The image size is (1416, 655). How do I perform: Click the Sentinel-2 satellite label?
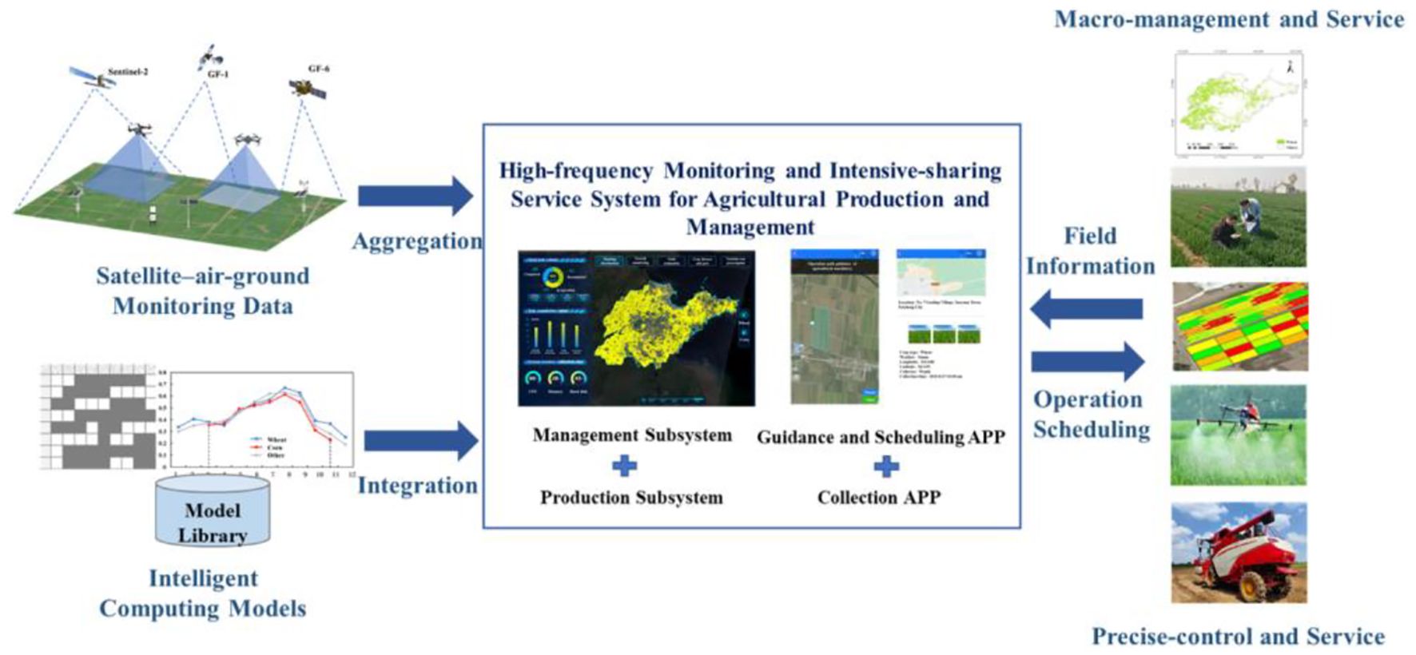[127, 72]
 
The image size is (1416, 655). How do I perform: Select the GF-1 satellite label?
[217, 74]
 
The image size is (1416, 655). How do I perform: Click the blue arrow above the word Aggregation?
[415, 196]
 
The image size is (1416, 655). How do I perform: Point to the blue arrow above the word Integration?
[420, 440]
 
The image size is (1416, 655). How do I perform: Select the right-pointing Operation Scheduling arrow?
[1088, 361]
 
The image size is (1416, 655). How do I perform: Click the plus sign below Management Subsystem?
[624, 466]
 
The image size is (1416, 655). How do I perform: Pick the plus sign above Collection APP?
[885, 466]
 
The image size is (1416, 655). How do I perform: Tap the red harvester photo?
[1238, 552]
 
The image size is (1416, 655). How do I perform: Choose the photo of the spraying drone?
[1238, 435]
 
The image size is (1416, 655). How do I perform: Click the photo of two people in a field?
[1238, 217]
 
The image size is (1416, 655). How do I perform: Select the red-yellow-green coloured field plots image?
[1239, 326]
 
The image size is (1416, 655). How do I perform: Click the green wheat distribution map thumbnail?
[1239, 105]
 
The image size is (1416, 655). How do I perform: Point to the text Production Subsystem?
[631, 498]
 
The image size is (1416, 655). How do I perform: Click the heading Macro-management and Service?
[1228, 19]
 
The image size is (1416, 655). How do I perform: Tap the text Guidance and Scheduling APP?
[880, 437]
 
